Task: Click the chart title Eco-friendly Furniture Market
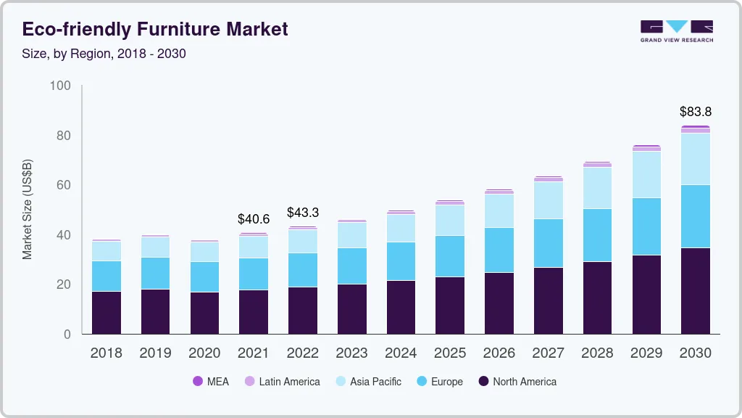click(x=155, y=29)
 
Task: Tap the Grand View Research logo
click(x=676, y=30)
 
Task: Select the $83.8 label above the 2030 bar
click(x=695, y=112)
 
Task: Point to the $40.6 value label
click(x=253, y=218)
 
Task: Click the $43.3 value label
click(x=302, y=213)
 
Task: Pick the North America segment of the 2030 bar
click(x=695, y=291)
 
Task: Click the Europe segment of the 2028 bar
click(x=596, y=235)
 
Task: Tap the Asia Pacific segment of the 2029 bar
click(x=646, y=175)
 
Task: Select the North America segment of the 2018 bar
click(x=106, y=313)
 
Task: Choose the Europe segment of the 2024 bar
click(x=401, y=261)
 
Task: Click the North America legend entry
click(x=517, y=382)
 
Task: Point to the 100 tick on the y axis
click(x=60, y=86)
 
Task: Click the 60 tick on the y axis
click(x=63, y=185)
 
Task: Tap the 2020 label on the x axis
click(x=204, y=353)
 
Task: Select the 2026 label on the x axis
click(x=499, y=353)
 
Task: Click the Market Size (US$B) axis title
click(x=28, y=210)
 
